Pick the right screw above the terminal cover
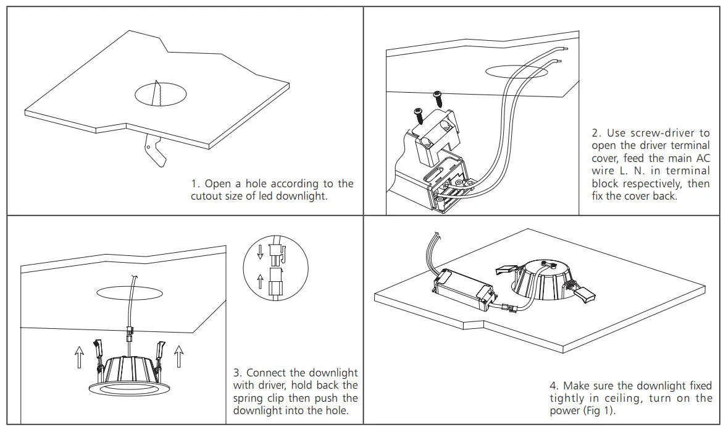(x=438, y=96)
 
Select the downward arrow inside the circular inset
(x=260, y=252)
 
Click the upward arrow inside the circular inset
(x=260, y=283)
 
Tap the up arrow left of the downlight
(x=79, y=357)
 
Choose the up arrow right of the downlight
(x=179, y=357)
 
